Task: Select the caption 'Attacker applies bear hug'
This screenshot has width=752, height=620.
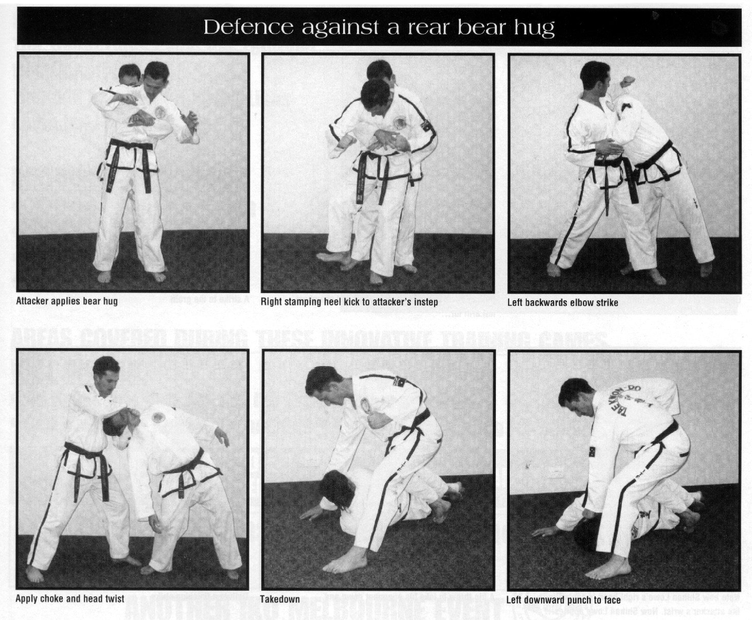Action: pos(67,301)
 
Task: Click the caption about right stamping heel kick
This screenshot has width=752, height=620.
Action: pos(349,302)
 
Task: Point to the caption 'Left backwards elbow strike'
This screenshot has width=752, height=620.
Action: pos(563,302)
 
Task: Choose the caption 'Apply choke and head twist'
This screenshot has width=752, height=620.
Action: pos(70,598)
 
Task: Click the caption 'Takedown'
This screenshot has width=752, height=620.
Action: pos(280,599)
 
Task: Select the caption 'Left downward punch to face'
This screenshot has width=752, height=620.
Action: pos(563,600)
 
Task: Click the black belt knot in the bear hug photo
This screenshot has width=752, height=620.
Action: pos(129,149)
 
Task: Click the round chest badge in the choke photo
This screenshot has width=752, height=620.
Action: pos(158,416)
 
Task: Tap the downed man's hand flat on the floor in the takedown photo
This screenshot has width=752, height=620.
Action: pos(310,514)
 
